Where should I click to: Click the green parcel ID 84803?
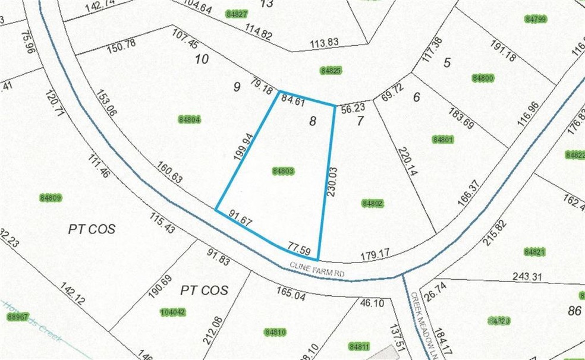(x=284, y=171)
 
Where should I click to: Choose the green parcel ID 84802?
(x=374, y=204)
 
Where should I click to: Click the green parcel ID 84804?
(x=191, y=119)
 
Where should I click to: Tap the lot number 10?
(x=202, y=59)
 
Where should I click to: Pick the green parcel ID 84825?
(x=331, y=70)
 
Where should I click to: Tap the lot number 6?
(x=416, y=96)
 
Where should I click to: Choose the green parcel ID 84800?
(x=483, y=78)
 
